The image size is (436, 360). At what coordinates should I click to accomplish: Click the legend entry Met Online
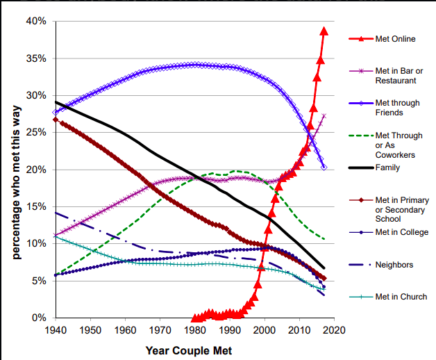(x=395, y=39)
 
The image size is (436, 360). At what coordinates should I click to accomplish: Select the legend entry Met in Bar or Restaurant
(x=398, y=75)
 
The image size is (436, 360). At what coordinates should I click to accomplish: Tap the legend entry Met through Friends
(x=397, y=107)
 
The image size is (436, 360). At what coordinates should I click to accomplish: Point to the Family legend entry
(x=388, y=167)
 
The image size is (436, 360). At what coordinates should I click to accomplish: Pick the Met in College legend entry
(x=402, y=232)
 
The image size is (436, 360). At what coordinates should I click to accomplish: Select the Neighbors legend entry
(x=394, y=265)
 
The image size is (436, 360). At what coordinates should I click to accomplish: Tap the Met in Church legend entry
(x=401, y=297)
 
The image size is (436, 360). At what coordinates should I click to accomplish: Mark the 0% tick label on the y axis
(x=40, y=318)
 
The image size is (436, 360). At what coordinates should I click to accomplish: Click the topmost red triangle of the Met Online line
(x=324, y=31)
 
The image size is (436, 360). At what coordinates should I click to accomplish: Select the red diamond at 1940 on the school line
(x=56, y=120)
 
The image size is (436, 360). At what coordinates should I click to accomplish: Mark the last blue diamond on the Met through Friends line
(x=324, y=167)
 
